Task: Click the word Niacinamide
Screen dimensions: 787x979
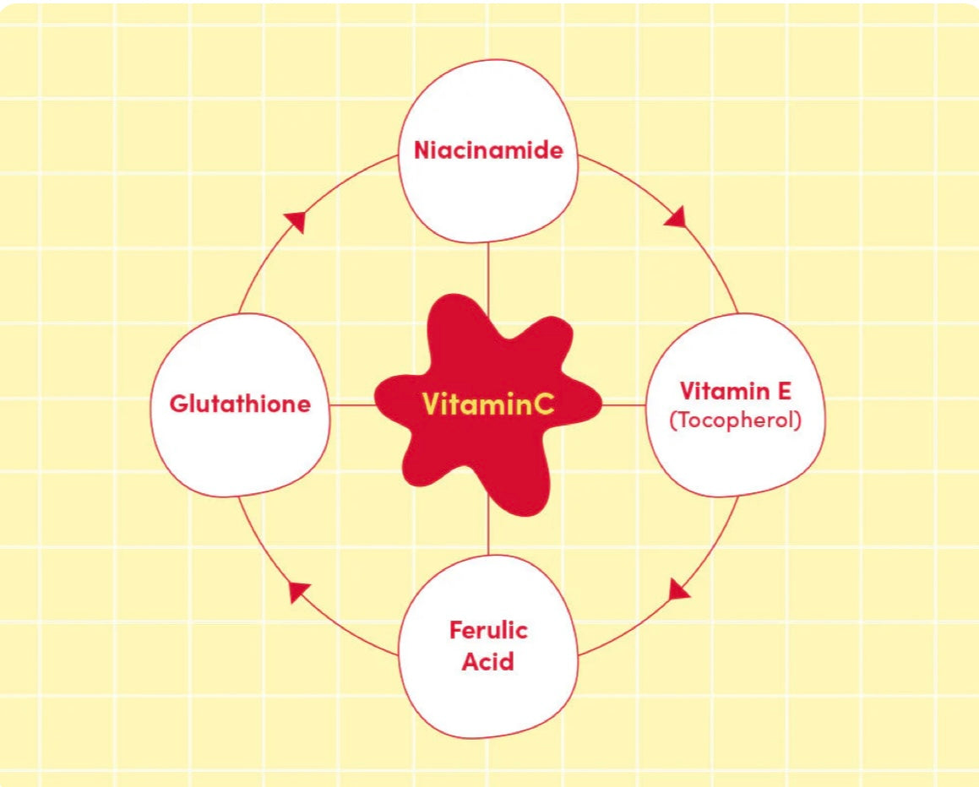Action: (487, 151)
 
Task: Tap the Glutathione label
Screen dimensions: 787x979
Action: (240, 404)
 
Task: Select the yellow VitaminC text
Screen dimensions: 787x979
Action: (488, 404)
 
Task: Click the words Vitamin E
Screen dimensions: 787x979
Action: (735, 391)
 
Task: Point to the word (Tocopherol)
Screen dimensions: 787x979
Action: (735, 420)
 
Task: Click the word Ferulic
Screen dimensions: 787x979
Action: (488, 630)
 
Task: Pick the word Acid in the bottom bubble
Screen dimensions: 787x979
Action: (487, 660)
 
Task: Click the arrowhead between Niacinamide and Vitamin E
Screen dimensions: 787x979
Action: (675, 218)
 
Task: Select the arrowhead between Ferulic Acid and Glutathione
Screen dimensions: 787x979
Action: (299, 591)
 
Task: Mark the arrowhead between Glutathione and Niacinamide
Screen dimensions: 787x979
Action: (295, 221)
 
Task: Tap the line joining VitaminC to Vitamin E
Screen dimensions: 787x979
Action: (623, 404)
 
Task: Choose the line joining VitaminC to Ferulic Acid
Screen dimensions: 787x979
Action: (488, 532)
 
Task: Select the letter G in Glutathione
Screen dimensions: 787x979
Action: (178, 404)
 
